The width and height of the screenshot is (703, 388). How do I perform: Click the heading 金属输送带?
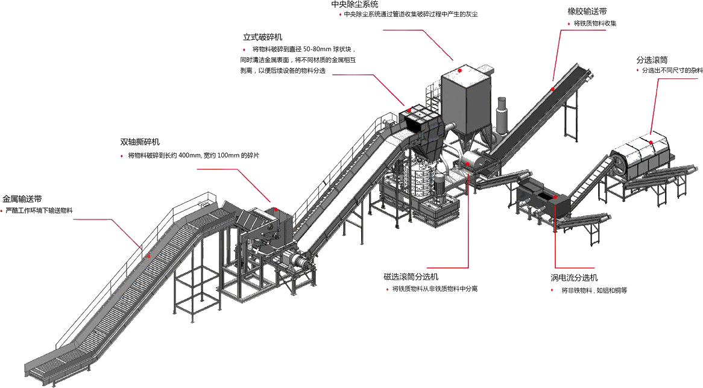pos(22,198)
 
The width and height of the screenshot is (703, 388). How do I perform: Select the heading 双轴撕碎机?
pos(140,142)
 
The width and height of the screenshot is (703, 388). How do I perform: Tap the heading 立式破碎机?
pos(262,37)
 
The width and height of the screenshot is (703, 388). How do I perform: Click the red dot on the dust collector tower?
pos(460,70)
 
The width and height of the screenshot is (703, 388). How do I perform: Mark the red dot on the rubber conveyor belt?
pos(552,89)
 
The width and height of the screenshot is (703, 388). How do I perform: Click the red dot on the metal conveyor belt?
pos(148,255)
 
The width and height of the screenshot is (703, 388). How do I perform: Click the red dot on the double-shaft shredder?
pos(274,210)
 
